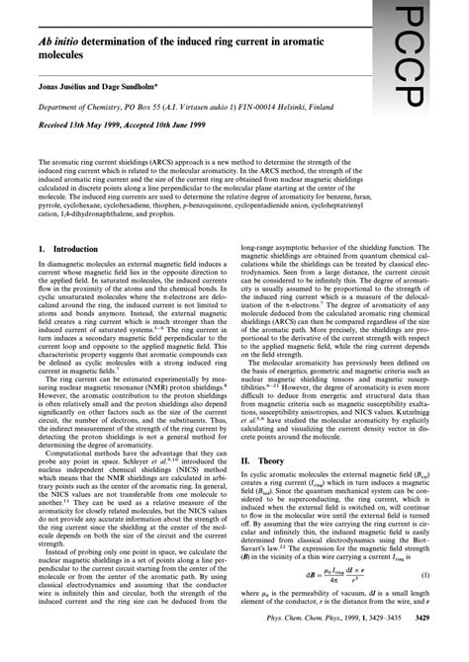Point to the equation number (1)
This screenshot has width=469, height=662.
422,602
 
